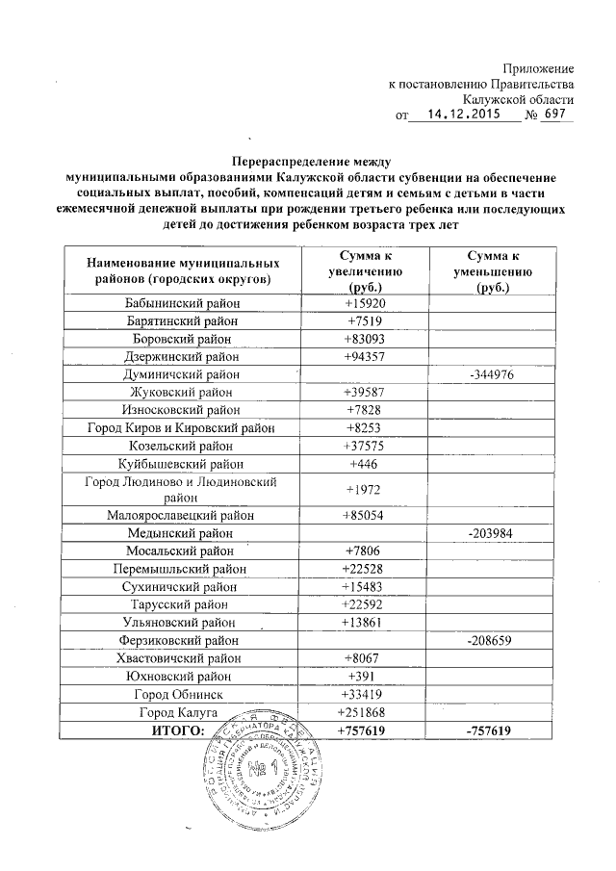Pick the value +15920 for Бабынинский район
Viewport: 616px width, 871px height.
click(x=365, y=304)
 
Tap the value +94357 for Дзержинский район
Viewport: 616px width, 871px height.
click(x=365, y=356)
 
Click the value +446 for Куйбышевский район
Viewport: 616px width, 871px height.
click(x=365, y=463)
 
